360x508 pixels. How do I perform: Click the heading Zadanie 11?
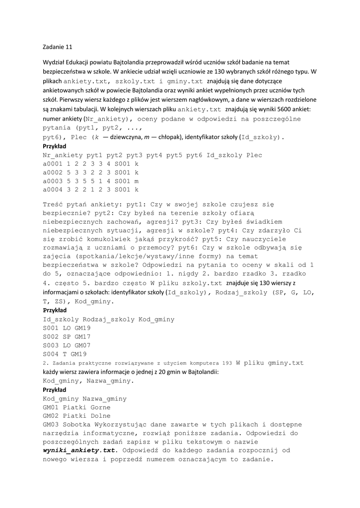click(58, 47)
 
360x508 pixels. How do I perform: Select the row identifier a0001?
click(53, 164)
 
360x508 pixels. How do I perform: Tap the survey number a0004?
click(53, 190)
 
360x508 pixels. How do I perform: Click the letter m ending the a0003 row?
click(137, 181)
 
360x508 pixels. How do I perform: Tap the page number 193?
click(227, 363)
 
